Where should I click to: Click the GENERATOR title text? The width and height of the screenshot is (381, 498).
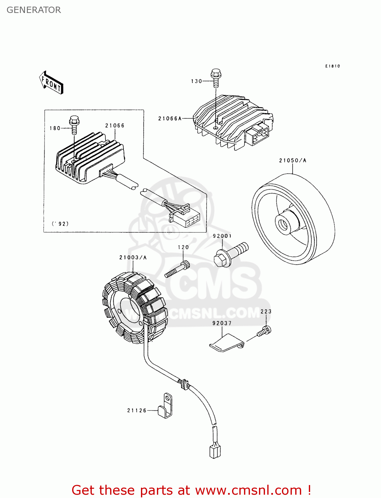pyautogui.click(x=34, y=10)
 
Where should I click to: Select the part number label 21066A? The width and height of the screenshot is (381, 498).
pyautogui.click(x=170, y=119)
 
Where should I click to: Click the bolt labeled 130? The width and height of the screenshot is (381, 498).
pyautogui.click(x=216, y=77)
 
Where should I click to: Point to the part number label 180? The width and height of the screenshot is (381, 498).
pyautogui.click(x=55, y=128)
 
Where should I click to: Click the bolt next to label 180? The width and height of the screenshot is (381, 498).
pyautogui.click(x=74, y=124)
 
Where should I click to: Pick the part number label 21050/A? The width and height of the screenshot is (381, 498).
pyautogui.click(x=293, y=160)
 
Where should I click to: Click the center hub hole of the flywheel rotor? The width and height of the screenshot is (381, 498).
pyautogui.click(x=283, y=224)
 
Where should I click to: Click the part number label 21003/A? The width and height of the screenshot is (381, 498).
pyautogui.click(x=133, y=257)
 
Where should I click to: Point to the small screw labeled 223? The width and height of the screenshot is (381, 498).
pyautogui.click(x=265, y=331)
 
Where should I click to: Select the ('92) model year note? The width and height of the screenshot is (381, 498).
pyautogui.click(x=60, y=223)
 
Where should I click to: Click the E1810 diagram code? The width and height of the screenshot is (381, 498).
pyautogui.click(x=332, y=66)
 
